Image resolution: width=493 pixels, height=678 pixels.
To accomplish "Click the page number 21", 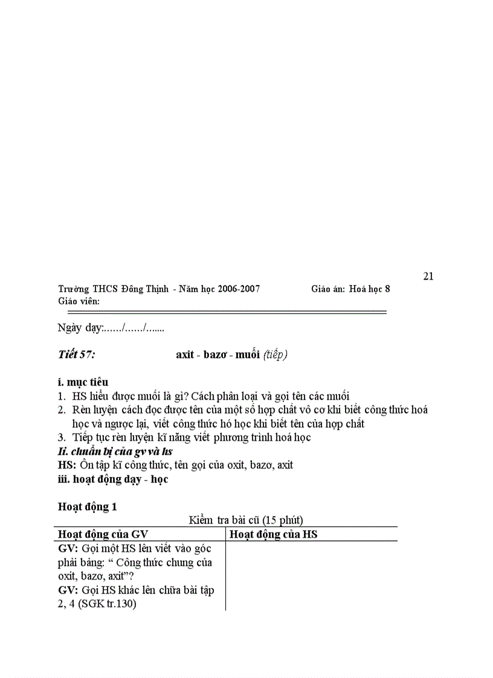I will click(x=428, y=277).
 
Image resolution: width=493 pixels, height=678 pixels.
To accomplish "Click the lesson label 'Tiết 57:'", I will click(x=76, y=355).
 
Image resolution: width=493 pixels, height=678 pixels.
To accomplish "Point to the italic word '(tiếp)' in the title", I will click(x=275, y=355).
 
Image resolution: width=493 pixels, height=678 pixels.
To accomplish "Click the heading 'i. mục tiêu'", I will click(x=83, y=382).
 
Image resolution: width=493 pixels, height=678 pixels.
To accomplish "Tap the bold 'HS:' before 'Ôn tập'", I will click(x=66, y=465).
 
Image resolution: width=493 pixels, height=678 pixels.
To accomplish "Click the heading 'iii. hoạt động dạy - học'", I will click(x=113, y=479).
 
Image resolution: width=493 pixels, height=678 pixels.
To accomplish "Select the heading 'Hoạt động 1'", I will click(x=88, y=507).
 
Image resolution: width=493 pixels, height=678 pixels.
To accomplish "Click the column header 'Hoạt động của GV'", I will click(x=103, y=534).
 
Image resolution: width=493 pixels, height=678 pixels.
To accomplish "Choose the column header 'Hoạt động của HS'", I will click(x=274, y=534).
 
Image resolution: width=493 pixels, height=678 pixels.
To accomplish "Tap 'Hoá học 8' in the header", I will click(x=370, y=289).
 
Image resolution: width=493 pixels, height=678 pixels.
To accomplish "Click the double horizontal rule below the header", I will click(x=227, y=312).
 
